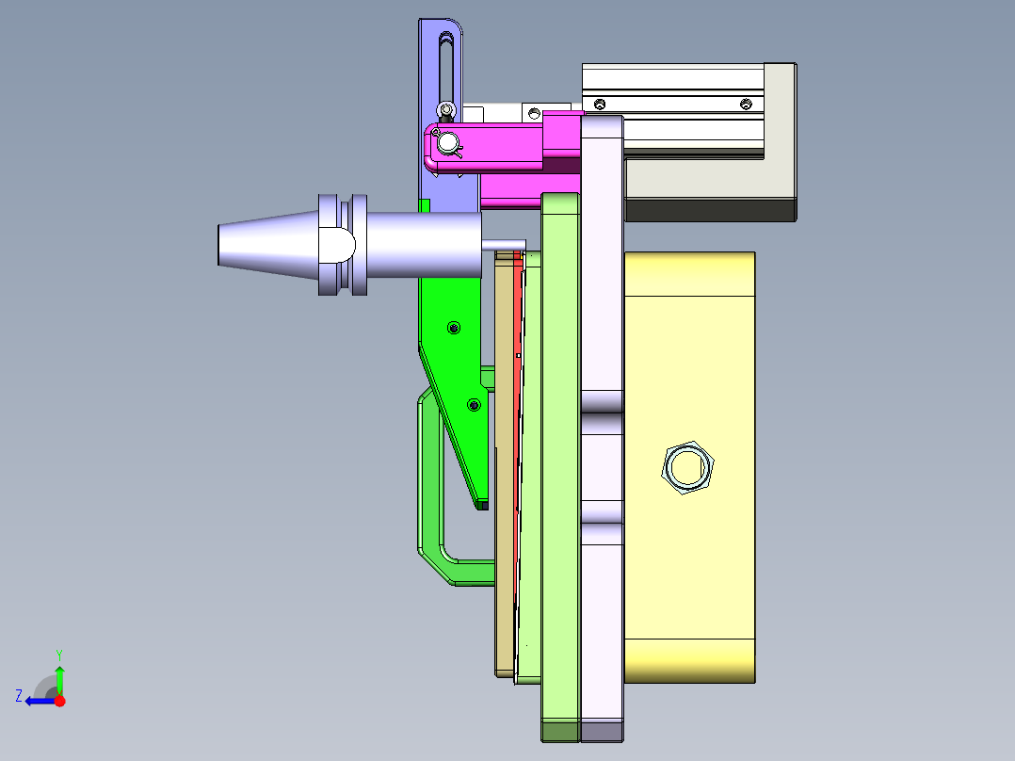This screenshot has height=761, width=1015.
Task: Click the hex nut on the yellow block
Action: pos(687,467)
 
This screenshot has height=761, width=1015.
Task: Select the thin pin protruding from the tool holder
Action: pos(503,245)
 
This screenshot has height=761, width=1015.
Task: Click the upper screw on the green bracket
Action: pos(454,328)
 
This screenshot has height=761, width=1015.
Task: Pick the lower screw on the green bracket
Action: pos(474,405)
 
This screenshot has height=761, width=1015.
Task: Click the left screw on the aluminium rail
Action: pos(600,104)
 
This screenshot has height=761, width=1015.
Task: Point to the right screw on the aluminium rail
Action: pos(746,104)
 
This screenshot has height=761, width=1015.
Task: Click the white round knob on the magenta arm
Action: pos(447,142)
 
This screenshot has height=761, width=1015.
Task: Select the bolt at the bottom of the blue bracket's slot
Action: pos(445,110)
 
